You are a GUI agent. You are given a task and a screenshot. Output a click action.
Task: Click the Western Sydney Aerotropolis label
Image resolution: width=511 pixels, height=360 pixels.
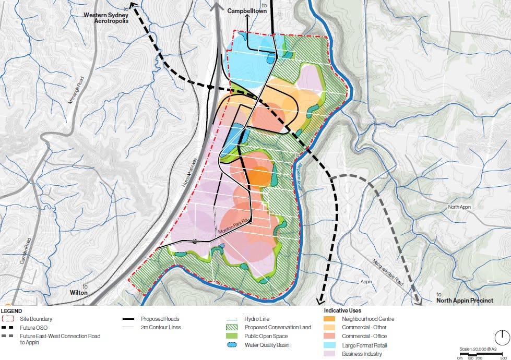pos(106,19)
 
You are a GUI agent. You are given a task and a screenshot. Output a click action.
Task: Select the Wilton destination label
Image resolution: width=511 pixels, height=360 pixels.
pos(79,293)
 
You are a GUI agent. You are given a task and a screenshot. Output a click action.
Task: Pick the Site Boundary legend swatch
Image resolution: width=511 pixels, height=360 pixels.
pos(8,319)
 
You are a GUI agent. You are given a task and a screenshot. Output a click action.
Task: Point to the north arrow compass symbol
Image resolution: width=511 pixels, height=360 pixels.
pos(502,337)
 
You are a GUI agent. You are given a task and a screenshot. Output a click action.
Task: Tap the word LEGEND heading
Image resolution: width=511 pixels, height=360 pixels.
pos(11,311)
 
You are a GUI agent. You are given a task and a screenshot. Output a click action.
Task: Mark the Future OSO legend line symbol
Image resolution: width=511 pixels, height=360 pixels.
pos(8,328)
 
